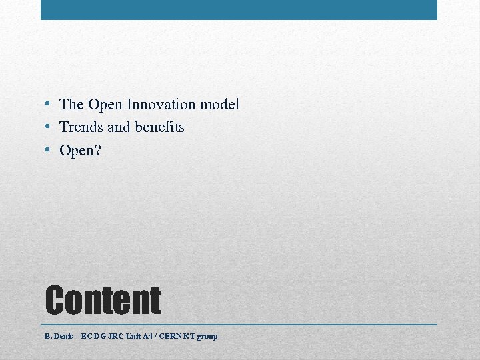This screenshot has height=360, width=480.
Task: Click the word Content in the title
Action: pos(103,300)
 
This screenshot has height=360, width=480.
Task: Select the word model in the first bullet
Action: pos(219,105)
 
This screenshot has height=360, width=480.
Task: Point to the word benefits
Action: pos(161,127)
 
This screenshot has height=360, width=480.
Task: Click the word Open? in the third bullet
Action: pos(80,151)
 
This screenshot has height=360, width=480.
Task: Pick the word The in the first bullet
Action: pos(71,105)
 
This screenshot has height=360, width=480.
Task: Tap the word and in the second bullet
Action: pos(119,127)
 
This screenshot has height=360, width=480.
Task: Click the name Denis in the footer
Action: pos(63,336)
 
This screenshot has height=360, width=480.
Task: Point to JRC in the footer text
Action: pos(117,336)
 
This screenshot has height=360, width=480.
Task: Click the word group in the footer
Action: pos(207,337)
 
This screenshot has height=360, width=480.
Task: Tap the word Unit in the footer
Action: pos(137,336)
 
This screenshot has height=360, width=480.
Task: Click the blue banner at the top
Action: pos(239,9)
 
